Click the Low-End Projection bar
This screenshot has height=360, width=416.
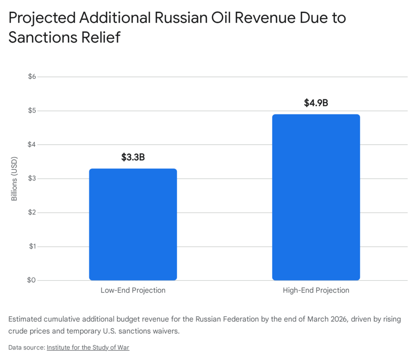coord(133,224)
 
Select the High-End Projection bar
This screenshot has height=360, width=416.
coord(316,197)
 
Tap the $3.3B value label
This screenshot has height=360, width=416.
coord(133,157)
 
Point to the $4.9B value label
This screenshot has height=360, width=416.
coord(316,103)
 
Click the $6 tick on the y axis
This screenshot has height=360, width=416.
coord(31,77)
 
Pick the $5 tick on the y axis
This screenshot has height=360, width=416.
coord(31,111)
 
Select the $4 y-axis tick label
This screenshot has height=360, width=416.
coord(31,144)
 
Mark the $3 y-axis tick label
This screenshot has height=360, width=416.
coord(31,179)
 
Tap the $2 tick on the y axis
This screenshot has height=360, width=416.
coord(31,213)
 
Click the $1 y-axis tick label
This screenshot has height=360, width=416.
coord(31,246)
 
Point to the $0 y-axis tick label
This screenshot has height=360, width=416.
coord(31,280)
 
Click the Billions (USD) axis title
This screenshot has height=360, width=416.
coord(14,179)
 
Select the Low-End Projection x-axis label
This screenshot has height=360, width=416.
coord(133,291)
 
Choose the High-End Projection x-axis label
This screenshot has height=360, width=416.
coord(316,291)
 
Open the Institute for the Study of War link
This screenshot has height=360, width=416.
coord(88,347)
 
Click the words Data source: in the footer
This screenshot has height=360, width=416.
coord(26,347)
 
